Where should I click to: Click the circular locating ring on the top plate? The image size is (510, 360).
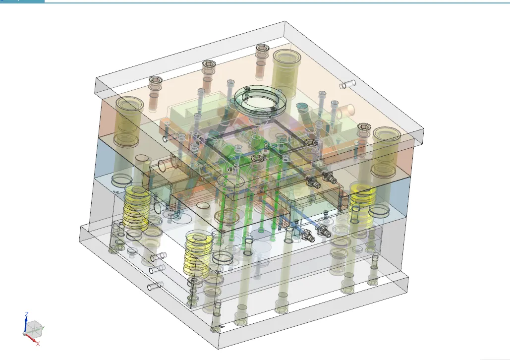point(262,99)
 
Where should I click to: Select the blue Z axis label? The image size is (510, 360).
point(27,314)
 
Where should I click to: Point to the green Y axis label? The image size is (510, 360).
point(43,327)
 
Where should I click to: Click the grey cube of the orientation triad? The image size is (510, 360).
point(34,327)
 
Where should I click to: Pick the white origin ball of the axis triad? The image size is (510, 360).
point(26,334)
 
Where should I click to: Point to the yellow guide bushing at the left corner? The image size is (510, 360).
point(126,121)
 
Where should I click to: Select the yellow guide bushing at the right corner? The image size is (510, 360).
point(387,151)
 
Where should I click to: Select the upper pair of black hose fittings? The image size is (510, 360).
point(320,178)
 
